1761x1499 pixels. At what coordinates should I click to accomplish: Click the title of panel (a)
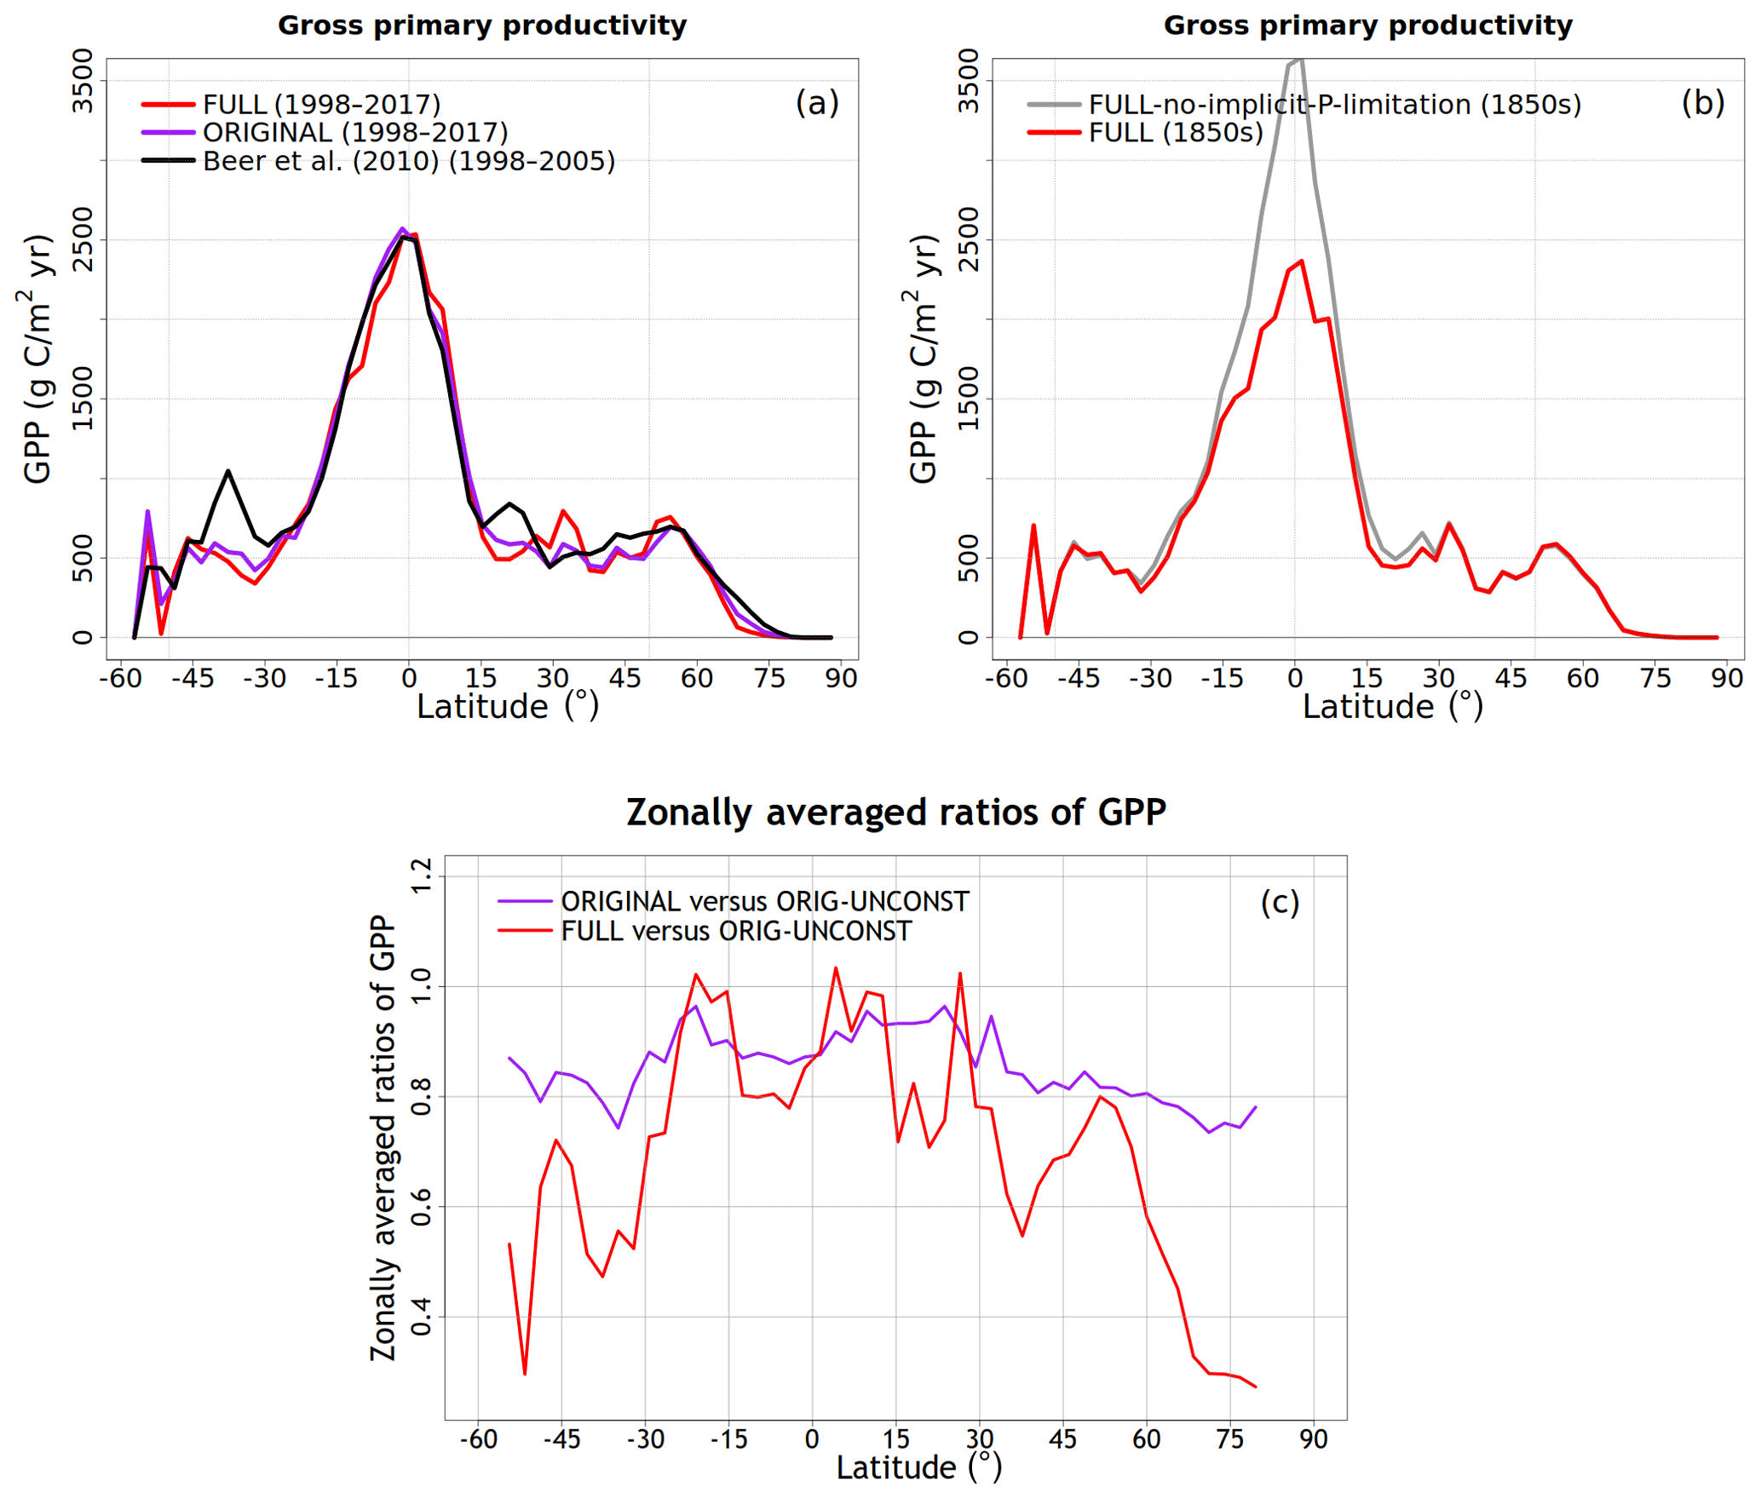481,26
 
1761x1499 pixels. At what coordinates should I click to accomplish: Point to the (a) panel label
816,103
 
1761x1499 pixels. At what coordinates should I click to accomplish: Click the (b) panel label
1702,103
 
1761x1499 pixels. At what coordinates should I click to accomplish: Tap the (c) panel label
1279,902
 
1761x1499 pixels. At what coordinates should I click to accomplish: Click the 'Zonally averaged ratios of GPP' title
895,812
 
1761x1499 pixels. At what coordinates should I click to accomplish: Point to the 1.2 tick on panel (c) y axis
422,876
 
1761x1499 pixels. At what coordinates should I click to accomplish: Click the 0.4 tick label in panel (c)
422,1317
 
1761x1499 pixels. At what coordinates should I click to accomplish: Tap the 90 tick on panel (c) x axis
1313,1439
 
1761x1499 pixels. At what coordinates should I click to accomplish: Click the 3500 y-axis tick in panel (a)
83,81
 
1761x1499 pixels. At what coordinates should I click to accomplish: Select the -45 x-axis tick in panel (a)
193,679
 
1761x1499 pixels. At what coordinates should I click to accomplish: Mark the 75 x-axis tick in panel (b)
1655,679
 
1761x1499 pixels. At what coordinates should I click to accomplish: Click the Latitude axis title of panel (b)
1392,707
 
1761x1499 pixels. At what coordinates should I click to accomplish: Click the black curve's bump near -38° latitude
227,471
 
